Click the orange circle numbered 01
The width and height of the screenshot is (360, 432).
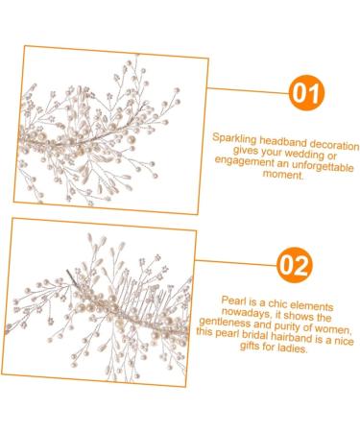[306, 93]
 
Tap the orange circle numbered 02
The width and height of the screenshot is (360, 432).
[295, 263]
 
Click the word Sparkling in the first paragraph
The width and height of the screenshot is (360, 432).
[236, 138]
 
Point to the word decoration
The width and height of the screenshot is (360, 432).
[335, 138]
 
